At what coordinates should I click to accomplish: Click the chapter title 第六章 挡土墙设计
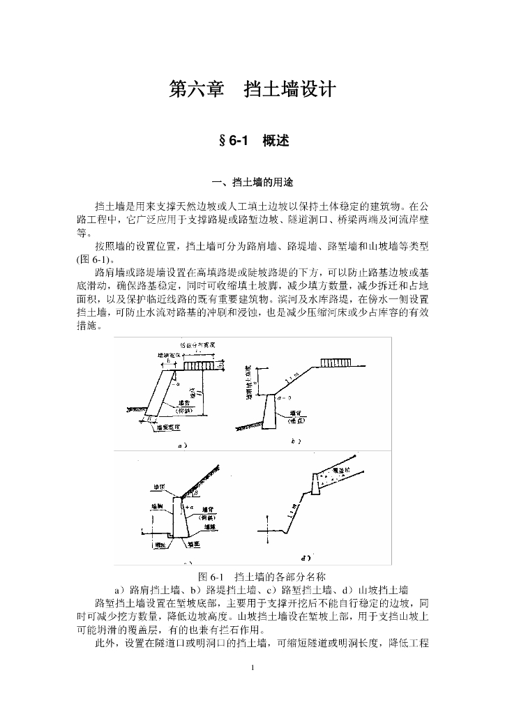coord(252,90)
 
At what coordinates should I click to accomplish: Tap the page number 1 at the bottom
coord(252,669)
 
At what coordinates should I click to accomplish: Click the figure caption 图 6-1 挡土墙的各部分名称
coord(252,577)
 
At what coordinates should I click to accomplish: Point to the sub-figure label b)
coord(294,441)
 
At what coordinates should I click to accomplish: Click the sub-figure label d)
coord(305,557)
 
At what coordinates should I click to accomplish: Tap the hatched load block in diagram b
coord(338,363)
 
